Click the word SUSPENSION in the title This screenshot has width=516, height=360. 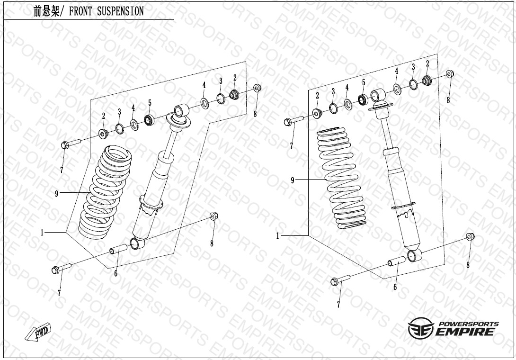[120, 11]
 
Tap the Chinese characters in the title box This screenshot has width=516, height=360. [46, 11]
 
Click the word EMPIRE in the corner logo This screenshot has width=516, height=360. [465, 332]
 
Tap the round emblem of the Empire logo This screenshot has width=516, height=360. [419, 328]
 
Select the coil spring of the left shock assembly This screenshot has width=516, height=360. [105, 189]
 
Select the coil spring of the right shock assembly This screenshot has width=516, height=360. [342, 178]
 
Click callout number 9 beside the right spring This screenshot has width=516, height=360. [293, 180]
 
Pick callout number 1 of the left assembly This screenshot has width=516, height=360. [42, 233]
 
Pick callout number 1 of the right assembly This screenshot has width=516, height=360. [278, 236]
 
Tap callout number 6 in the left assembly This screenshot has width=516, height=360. [116, 274]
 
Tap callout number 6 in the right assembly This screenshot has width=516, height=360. [395, 287]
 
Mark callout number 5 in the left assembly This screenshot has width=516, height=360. [150, 103]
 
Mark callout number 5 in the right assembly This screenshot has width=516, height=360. [364, 82]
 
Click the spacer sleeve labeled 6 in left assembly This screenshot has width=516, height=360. [119, 249]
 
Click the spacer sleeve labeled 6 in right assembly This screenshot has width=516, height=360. [397, 261]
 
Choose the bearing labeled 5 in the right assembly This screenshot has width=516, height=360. [363, 99]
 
